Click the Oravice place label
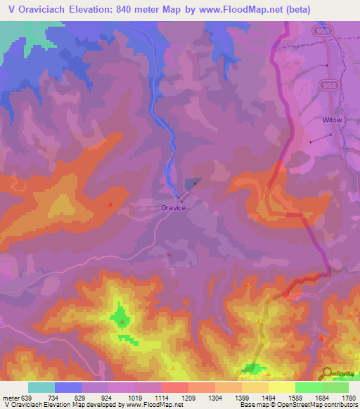172,208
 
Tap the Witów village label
332,120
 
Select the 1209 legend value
188,397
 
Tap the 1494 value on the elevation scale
268,397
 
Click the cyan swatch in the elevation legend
41,387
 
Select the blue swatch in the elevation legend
68,387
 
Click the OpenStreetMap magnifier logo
328,374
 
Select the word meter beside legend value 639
11,397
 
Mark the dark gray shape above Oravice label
191,183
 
